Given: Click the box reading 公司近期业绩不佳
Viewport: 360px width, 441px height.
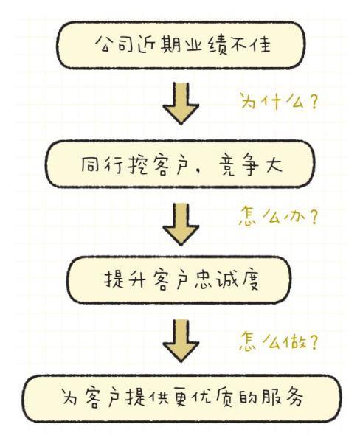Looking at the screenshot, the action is click(181, 45).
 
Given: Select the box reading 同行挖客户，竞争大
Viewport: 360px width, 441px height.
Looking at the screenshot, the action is click(179, 164).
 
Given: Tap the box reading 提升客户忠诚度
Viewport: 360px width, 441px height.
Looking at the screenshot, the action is click(179, 279).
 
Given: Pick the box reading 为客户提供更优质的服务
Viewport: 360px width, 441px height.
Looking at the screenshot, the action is click(181, 398).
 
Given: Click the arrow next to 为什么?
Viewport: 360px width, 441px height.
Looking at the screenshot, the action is click(181, 103).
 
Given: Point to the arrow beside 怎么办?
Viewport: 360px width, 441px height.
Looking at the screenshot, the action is click(181, 224).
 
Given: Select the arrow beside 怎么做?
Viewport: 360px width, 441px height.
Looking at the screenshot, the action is click(181, 340).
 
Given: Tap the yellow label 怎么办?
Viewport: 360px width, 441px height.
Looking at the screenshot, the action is click(279, 217).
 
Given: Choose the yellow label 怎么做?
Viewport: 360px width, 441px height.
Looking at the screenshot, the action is click(279, 341).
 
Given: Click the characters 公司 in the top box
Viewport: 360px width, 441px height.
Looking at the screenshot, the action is click(114, 44).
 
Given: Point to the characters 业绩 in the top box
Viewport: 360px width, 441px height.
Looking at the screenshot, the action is click(206, 45).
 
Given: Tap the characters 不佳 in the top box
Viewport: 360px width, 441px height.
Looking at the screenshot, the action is click(251, 44).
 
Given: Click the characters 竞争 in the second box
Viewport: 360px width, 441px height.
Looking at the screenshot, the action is click(239, 164).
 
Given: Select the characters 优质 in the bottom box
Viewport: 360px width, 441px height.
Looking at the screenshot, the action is click(212, 397).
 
